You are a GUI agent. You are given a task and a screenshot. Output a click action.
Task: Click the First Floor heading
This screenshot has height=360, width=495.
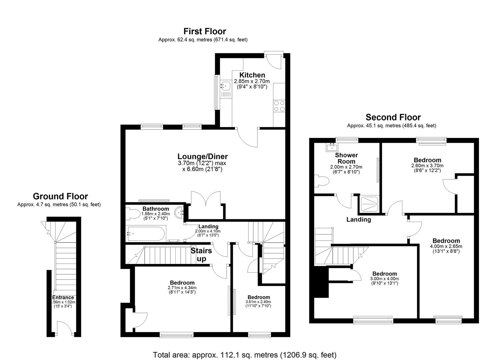tap(205, 31)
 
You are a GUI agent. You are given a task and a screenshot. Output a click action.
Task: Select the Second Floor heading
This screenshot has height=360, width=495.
tap(393, 117)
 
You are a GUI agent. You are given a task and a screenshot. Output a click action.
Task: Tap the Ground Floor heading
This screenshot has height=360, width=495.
tap(60, 196)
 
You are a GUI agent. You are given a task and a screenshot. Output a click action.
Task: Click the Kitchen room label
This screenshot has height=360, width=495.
tap(252, 75)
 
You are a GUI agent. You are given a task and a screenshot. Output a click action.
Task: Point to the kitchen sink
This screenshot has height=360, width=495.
tap(225, 86)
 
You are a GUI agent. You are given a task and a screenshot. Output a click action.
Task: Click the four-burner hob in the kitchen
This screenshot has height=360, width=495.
tap(279, 106)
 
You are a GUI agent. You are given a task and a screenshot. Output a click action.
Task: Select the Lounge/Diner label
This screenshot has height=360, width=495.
tap(202, 157)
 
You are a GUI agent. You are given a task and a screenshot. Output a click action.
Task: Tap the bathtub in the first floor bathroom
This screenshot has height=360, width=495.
tap(146, 234)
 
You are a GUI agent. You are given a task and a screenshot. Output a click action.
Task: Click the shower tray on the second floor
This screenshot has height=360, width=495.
tap(369, 204)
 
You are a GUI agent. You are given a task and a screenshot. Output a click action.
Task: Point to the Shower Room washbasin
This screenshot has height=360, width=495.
tap(332, 147)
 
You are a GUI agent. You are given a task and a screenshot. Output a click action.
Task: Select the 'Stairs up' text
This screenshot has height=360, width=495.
tap(201, 255)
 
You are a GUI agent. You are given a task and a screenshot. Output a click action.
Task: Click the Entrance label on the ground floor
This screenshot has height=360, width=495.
tap(63, 298)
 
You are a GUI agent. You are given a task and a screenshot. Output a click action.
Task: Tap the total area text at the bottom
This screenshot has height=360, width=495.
tap(244, 355)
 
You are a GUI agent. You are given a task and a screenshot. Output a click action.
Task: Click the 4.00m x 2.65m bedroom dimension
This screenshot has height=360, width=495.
tap(446, 246)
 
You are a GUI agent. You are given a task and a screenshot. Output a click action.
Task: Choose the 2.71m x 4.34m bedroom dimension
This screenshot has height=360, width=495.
tap(182, 288)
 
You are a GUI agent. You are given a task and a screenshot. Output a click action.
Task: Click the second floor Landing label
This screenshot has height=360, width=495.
tap(358, 220)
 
